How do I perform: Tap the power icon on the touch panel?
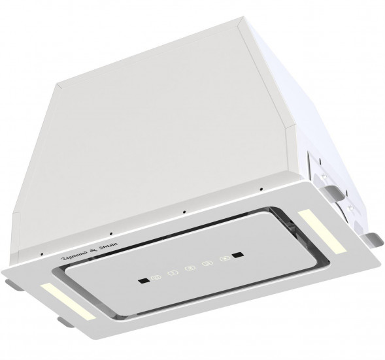(x=155, y=280)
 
